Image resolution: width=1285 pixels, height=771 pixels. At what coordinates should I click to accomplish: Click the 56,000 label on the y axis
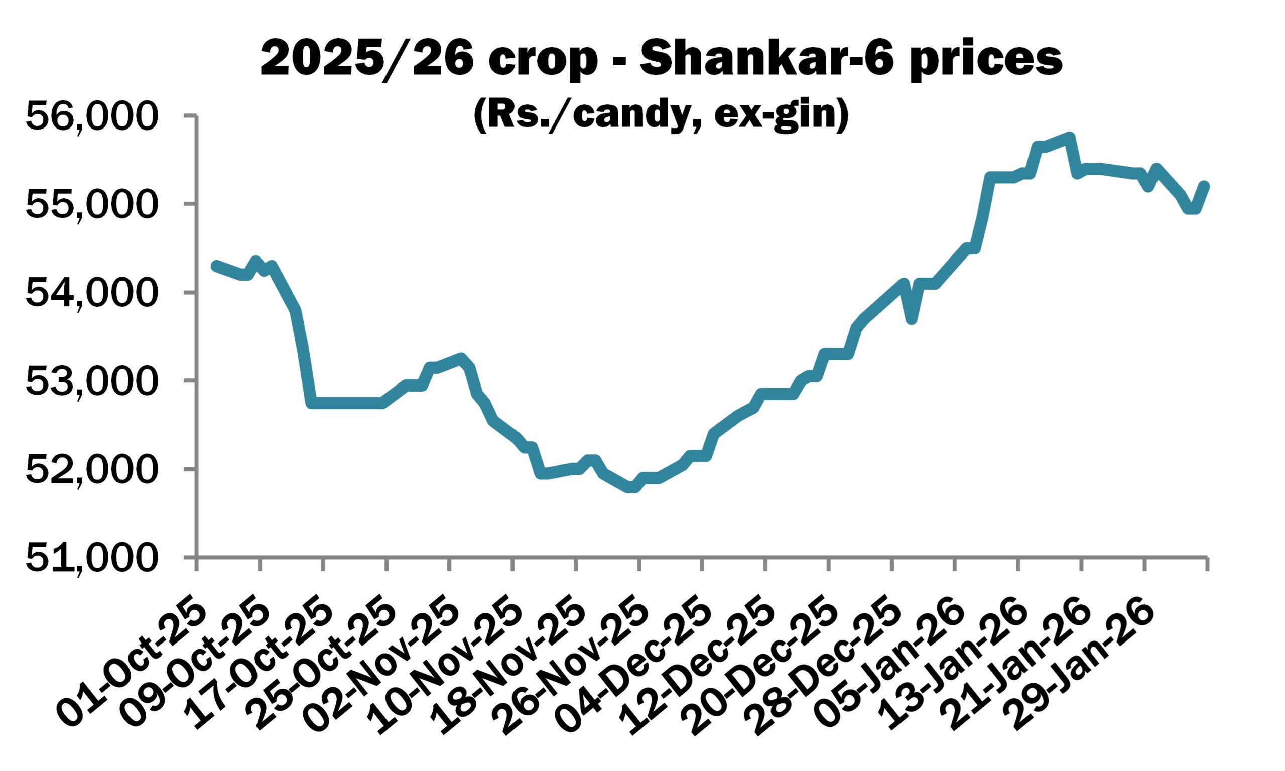91,116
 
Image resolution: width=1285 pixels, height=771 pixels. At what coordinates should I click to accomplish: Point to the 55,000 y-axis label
91,205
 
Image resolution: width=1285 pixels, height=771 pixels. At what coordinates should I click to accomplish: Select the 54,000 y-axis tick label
91,293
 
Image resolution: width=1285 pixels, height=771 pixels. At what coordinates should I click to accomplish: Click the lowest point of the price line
631,488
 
